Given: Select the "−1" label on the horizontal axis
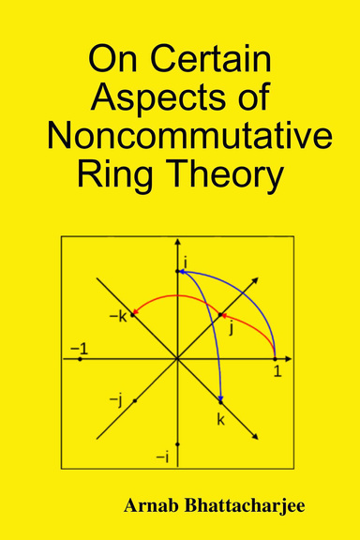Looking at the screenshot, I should point(79,348).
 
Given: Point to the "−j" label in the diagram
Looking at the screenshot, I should point(117,400).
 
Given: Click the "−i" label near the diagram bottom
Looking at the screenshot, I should point(161,457).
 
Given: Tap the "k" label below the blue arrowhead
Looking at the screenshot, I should point(221,419).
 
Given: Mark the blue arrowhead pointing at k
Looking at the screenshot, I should point(220,397).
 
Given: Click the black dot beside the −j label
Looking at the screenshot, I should point(135,400).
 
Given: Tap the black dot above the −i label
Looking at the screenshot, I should point(177,443).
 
